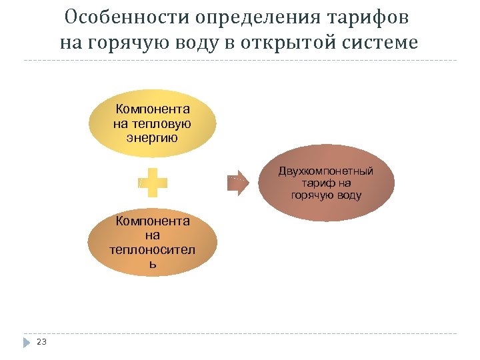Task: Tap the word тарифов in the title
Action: tap(372, 15)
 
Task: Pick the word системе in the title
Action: tap(382, 43)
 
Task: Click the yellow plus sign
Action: tap(153, 182)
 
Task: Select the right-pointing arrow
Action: tap(237, 182)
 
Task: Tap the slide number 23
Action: tap(42, 341)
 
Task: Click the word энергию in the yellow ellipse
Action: tap(153, 138)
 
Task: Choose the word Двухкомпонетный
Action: tap(326, 171)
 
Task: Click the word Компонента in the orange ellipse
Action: tap(153, 221)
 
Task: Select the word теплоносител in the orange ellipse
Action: tap(153, 250)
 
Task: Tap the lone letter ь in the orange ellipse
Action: tap(153, 264)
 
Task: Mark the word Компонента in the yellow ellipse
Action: tap(153, 109)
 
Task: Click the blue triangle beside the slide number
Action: tap(27, 342)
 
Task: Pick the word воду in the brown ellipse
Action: tap(349, 195)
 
